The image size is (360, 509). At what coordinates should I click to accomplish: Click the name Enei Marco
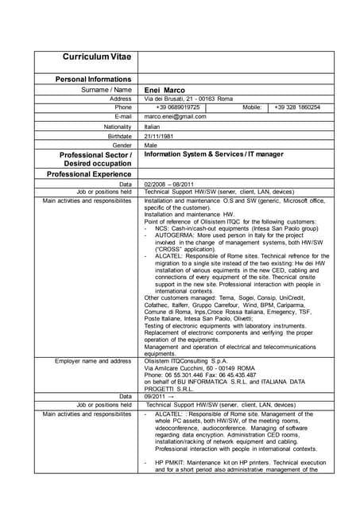[165, 90]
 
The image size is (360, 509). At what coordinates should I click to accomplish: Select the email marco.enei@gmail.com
[175, 116]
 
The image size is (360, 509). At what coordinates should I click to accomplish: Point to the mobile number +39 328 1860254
[297, 107]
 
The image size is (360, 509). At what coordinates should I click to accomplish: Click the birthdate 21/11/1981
[159, 136]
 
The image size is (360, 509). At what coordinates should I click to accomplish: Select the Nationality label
[115, 126]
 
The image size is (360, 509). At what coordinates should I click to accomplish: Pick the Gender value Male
[151, 146]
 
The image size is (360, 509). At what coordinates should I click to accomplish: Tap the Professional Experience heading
[89, 173]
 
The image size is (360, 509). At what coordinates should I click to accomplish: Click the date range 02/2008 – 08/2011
[172, 184]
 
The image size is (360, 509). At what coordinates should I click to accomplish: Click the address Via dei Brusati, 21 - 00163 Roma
[188, 99]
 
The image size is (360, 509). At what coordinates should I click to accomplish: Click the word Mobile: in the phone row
[252, 107]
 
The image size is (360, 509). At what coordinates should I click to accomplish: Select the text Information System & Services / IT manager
[213, 154]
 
